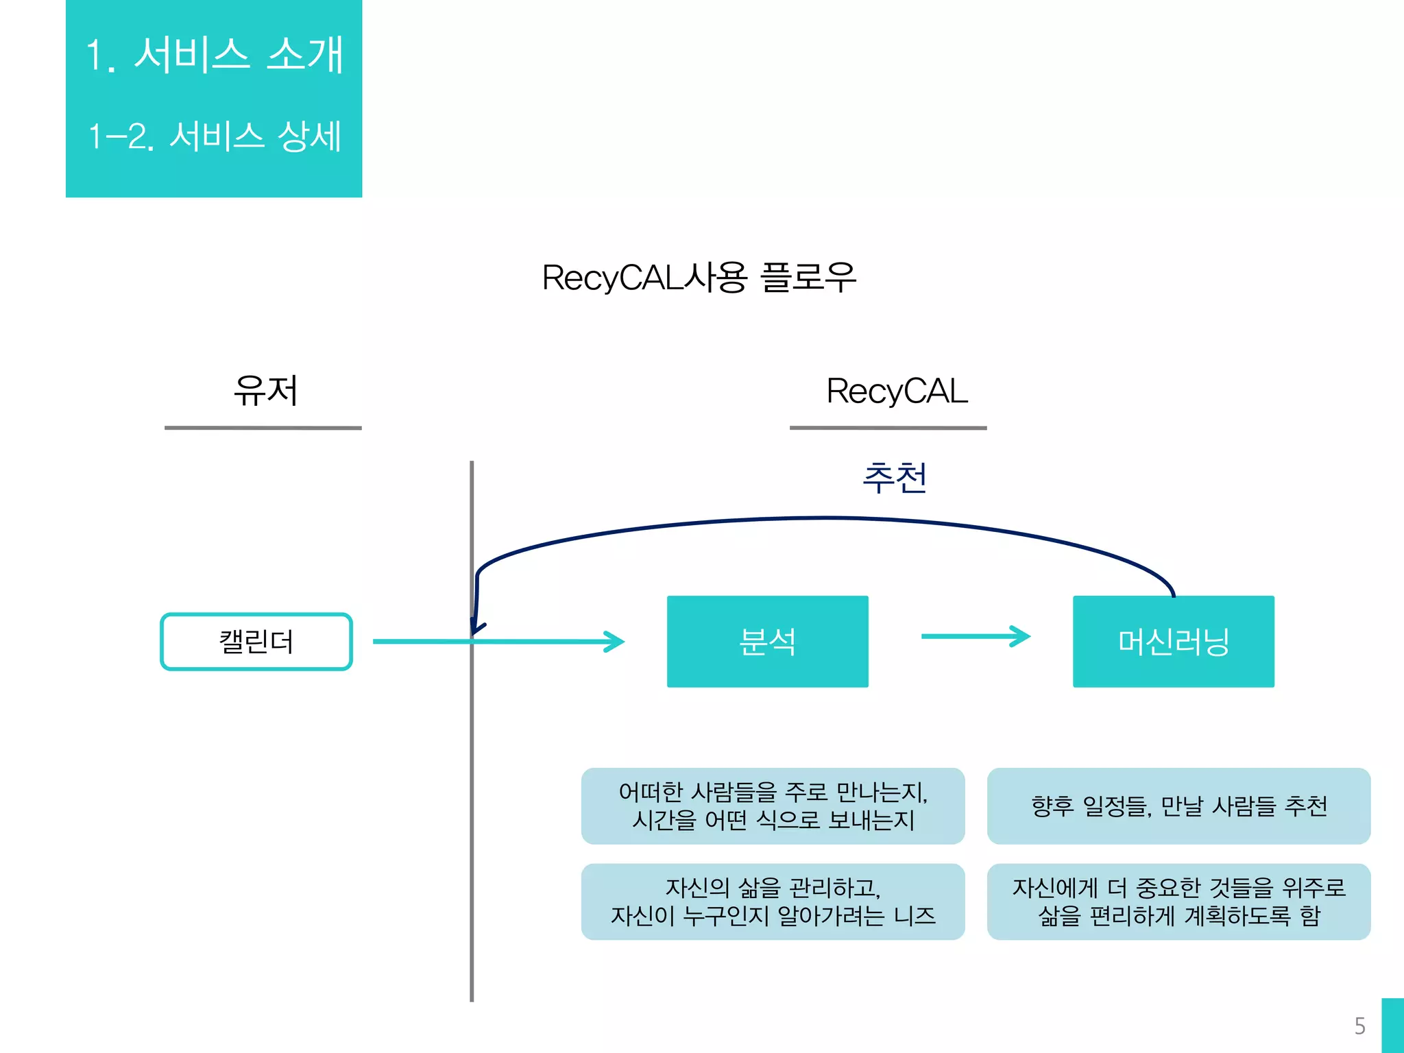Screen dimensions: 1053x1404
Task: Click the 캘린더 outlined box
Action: click(256, 642)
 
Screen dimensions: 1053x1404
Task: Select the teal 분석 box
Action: click(767, 642)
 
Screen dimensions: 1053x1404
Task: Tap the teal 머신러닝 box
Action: click(1173, 642)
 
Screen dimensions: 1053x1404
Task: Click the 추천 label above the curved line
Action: click(895, 478)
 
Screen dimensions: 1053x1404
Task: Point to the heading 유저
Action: click(265, 391)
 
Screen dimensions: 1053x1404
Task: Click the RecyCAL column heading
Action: click(897, 391)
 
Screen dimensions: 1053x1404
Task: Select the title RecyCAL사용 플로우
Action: click(699, 278)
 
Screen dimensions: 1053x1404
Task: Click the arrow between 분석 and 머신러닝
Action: click(975, 636)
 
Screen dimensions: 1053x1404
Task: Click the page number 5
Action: click(1360, 1026)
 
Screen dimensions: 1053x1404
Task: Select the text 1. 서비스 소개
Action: click(214, 55)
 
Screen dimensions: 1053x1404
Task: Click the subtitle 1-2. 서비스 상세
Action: click(214, 136)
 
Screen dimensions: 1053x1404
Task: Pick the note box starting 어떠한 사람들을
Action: click(773, 806)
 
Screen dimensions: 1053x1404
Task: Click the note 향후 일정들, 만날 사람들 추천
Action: click(1178, 806)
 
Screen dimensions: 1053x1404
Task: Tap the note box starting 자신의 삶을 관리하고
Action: click(773, 901)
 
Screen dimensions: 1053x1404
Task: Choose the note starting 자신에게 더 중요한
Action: click(1178, 901)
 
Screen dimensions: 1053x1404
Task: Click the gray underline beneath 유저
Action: click(263, 428)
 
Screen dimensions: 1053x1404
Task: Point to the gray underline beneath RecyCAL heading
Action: click(888, 428)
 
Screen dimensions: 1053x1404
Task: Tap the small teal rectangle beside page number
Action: click(1392, 1026)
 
